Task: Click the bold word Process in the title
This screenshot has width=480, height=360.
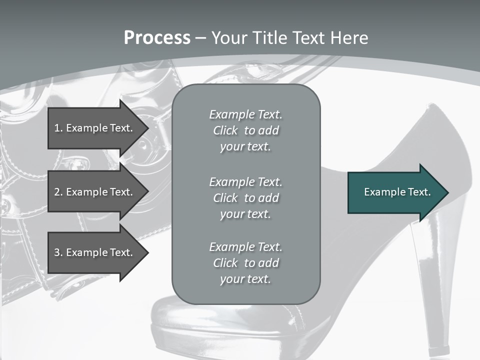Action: [157, 38]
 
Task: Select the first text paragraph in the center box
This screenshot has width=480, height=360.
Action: [245, 130]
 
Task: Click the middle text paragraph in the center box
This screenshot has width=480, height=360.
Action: [245, 198]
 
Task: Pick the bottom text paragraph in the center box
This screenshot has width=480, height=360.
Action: [245, 263]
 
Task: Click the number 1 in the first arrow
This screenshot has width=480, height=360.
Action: [57, 128]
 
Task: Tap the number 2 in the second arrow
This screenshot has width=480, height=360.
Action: [57, 192]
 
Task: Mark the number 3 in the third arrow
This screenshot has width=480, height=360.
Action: [57, 252]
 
